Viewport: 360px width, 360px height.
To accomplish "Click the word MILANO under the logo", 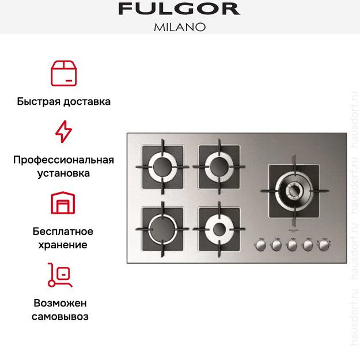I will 179,26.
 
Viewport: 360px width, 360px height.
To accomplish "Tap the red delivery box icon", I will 63,72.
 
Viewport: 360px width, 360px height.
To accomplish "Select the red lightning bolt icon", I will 63,132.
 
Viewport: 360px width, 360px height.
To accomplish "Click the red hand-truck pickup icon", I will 60,275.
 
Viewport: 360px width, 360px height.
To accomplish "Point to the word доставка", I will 87,101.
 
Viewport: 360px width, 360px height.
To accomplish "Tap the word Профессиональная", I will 63,160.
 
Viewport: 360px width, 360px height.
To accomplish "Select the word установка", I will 63,173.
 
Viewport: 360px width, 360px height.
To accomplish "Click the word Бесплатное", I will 63,232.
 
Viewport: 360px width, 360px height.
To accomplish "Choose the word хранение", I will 63,245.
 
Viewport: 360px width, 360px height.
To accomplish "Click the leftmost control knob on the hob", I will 260,245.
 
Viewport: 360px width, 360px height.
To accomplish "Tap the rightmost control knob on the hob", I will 325,245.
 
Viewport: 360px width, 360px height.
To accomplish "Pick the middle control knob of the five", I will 293,245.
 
